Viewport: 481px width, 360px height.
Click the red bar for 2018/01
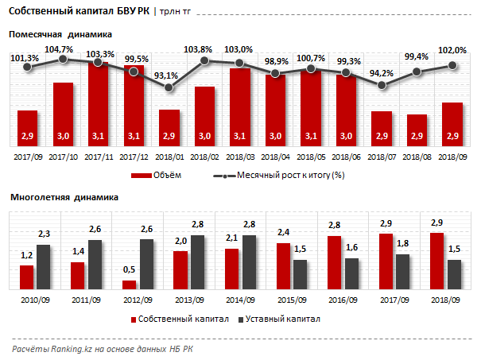pos(169,128)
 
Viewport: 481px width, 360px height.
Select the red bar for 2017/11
pos(99,103)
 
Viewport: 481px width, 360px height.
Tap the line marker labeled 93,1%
pos(169,87)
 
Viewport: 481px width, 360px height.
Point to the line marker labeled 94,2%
pos(382,84)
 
